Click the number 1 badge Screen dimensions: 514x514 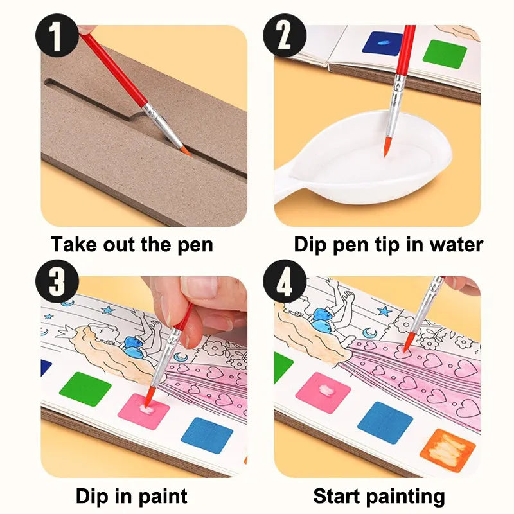(57, 35)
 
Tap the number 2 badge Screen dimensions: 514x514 (285, 35)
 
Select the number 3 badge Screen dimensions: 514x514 (57, 281)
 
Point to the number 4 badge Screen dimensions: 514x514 (285, 281)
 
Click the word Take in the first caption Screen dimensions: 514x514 (74, 244)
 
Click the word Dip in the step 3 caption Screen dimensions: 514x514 (92, 496)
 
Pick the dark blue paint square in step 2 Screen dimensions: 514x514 (382, 43)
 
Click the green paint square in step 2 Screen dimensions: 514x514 (445, 54)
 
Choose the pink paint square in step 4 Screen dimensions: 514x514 (323, 393)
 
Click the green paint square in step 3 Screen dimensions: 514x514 (85, 389)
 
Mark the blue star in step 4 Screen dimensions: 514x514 (384, 311)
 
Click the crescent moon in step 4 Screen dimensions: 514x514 (369, 333)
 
